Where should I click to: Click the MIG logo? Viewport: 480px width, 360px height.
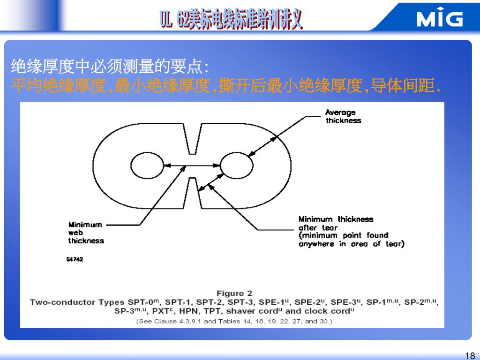pyautogui.click(x=439, y=18)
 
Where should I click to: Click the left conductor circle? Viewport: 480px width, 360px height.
pyautogui.click(x=146, y=166)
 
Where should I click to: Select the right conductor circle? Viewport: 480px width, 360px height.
pyautogui.click(x=236, y=166)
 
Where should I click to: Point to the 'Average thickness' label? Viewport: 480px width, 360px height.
pyautogui.click(x=343, y=116)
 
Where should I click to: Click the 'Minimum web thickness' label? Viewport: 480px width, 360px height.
pyautogui.click(x=86, y=232)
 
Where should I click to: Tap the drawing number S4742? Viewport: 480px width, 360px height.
pyautogui.click(x=75, y=259)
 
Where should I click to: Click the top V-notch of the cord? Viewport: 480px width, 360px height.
pyautogui.click(x=192, y=139)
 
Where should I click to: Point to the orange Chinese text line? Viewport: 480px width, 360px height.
pyautogui.click(x=225, y=86)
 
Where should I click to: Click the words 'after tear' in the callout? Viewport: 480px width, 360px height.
pyautogui.click(x=318, y=227)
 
